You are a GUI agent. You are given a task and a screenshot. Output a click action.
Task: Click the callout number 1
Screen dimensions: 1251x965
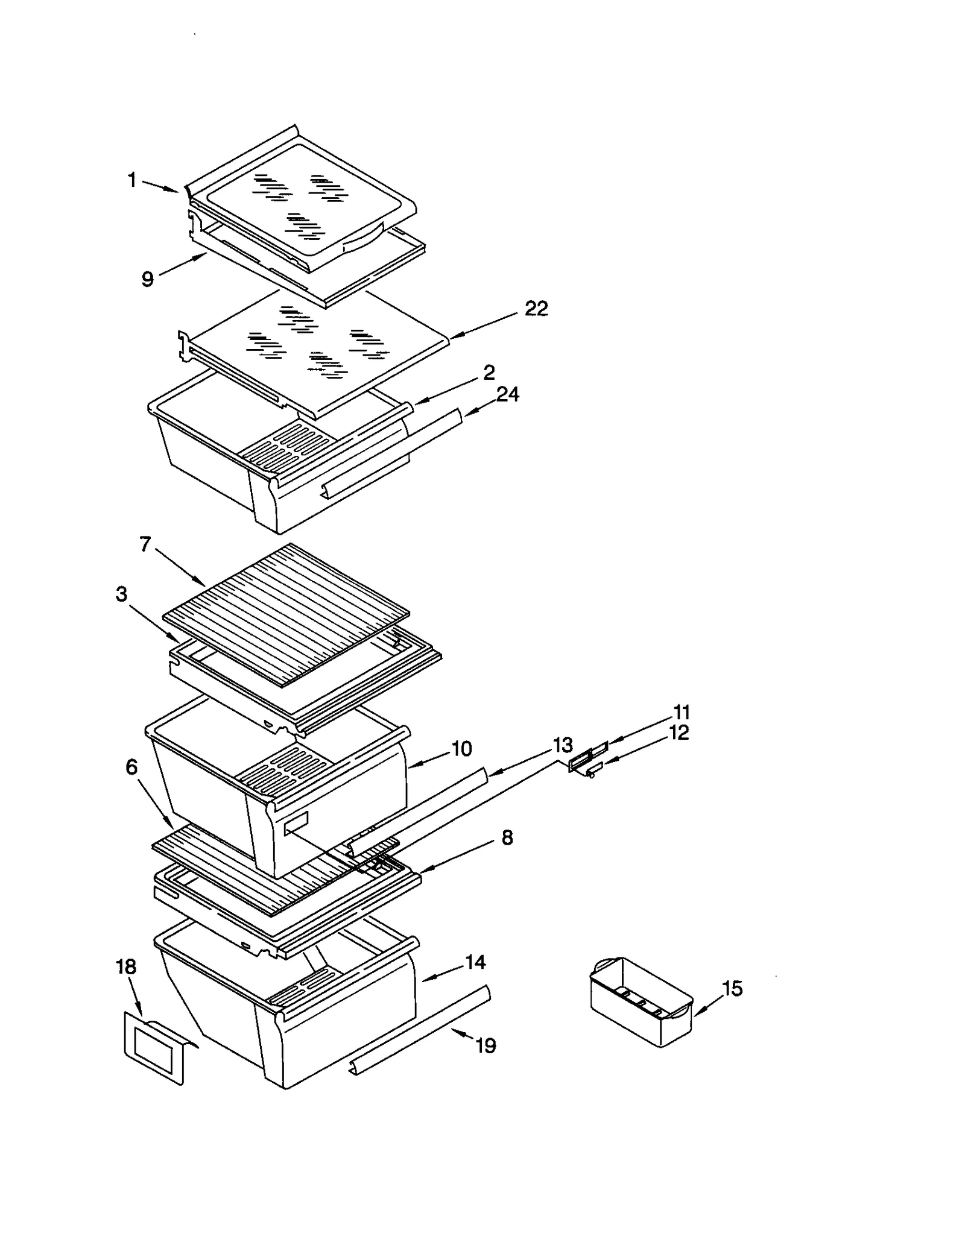[132, 180]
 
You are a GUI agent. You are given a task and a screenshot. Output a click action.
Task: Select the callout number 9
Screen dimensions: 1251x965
[148, 279]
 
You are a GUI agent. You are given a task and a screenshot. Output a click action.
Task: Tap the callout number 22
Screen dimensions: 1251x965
[536, 309]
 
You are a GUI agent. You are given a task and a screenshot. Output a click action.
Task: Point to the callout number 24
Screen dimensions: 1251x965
[508, 394]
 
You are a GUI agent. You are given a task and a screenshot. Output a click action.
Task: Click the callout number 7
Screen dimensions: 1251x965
[145, 544]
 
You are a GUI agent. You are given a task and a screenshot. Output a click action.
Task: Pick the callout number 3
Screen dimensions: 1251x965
[122, 594]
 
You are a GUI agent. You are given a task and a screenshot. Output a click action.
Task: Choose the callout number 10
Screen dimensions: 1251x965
[461, 749]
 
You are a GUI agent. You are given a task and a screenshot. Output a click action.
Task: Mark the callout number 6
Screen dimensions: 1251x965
[131, 767]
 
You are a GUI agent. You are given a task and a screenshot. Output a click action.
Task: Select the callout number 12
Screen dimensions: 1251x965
[679, 733]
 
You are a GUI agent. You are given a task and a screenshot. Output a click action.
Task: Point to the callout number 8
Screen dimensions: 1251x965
[507, 837]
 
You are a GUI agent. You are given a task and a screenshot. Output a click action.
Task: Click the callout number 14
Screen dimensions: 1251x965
[475, 962]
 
